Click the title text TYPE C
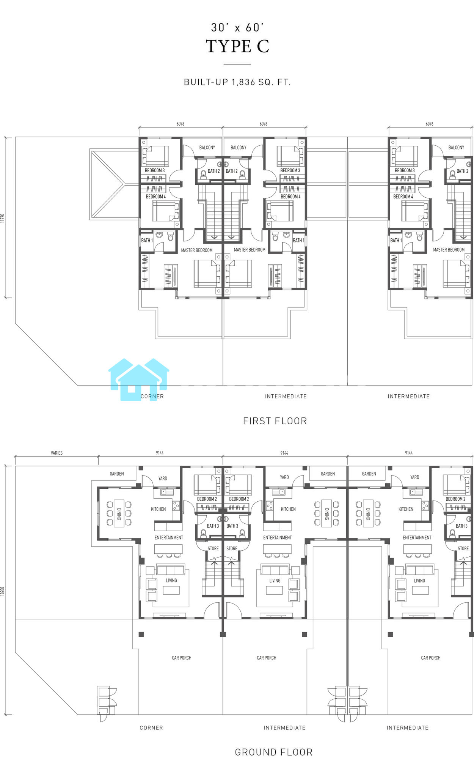coord(237,47)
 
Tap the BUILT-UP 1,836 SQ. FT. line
coord(237,82)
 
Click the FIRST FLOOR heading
coord(275,421)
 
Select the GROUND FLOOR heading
coord(274,752)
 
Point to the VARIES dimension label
coord(57,453)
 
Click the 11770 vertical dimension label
coord(3,218)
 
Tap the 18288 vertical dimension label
coord(3,591)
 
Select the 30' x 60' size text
coord(237,28)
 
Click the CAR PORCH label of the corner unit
coord(182,658)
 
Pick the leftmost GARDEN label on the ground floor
coord(117,474)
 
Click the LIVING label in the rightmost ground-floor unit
coord(419,581)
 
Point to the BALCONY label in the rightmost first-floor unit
coord(456,147)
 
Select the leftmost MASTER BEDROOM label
coord(197,250)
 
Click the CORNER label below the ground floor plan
coord(151,728)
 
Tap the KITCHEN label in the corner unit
coord(159,509)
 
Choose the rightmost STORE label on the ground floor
coord(463,548)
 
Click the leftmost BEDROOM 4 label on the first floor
coord(156,197)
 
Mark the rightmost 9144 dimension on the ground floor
coord(409,453)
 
